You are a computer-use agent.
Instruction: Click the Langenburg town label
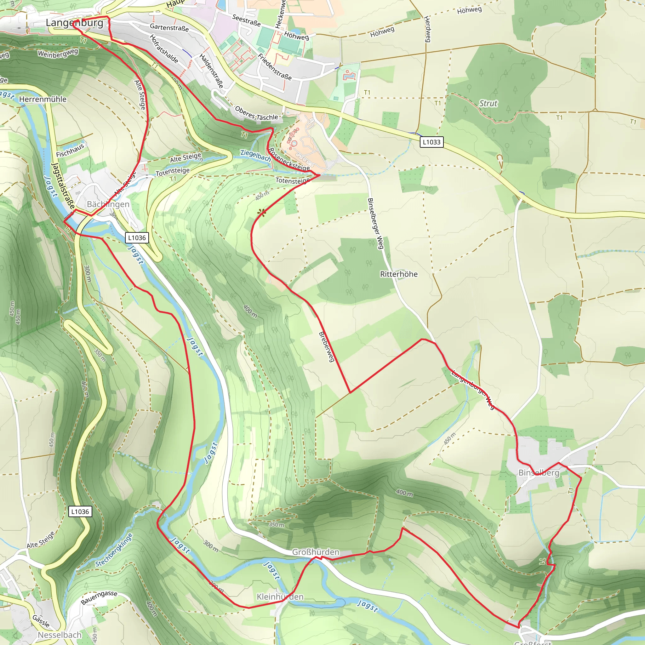(74, 23)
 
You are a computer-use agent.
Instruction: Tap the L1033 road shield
(431, 142)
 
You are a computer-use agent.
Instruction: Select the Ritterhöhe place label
(399, 274)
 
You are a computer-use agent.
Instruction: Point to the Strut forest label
(488, 103)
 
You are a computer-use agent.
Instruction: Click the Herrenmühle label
(43, 99)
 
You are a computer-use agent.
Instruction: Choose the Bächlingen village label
(108, 204)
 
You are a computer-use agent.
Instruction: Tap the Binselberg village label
(539, 472)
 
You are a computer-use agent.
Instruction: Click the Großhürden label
(316, 552)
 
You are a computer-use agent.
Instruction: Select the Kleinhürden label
(280, 596)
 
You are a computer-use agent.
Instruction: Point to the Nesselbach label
(60, 635)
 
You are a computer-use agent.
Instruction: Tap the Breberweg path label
(327, 346)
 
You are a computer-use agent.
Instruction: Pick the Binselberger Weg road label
(375, 223)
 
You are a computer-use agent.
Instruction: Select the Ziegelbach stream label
(256, 155)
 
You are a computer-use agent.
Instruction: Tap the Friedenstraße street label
(275, 67)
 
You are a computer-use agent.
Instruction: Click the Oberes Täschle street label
(256, 113)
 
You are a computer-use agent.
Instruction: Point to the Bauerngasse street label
(99, 597)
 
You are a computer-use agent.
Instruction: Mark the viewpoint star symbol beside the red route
(262, 212)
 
